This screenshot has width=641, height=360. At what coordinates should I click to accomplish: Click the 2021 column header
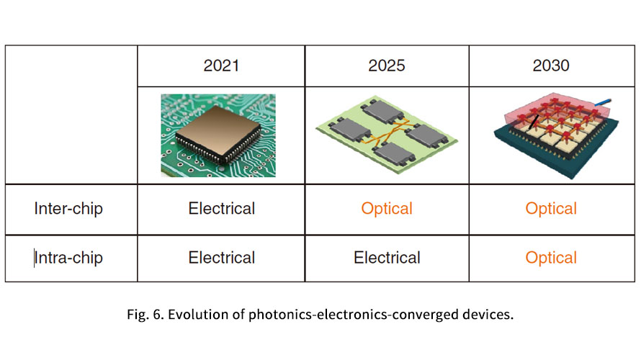[x=221, y=66]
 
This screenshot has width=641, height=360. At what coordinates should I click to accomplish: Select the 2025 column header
[x=386, y=66]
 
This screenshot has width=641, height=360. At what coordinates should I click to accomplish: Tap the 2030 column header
[x=551, y=66]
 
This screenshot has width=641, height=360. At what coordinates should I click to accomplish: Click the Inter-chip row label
[x=68, y=208]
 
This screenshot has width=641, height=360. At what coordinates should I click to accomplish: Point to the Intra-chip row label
[x=68, y=258]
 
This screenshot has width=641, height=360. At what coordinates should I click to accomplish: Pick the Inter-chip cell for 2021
[x=222, y=208]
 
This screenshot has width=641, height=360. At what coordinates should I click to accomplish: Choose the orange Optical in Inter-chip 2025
[x=387, y=209]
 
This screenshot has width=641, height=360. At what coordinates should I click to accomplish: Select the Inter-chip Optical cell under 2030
[x=551, y=209]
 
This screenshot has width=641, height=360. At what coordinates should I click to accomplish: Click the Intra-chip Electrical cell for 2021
[x=222, y=258]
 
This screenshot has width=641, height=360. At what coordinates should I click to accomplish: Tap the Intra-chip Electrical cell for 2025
[x=387, y=258]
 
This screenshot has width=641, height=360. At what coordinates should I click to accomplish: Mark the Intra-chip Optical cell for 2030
[x=551, y=258]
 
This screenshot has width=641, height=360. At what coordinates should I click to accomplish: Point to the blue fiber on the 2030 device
[x=604, y=102]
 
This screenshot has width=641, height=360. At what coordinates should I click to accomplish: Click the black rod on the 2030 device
[x=534, y=122]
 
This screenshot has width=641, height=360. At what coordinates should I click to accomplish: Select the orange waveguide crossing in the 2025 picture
[x=393, y=132]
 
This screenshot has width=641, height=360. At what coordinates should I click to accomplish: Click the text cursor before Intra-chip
[x=34, y=258]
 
